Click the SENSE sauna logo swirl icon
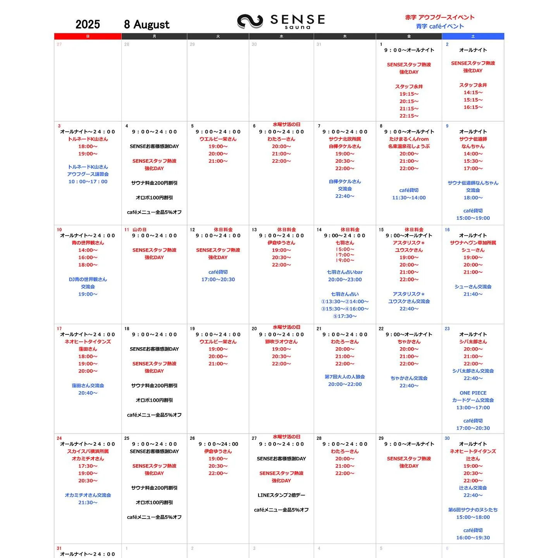tap(250, 21)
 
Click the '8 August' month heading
tap(146, 24)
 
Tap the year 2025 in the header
tap(88, 24)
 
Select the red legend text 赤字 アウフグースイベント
tap(439, 17)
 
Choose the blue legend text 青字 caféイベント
tap(439, 26)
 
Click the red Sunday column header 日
tap(88, 36)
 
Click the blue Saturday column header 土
tap(473, 36)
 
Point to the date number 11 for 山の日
tap(127, 230)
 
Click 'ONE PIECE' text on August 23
tap(473, 393)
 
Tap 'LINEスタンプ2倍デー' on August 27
tap(281, 495)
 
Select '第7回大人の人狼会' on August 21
tap(344, 377)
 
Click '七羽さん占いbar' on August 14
tap(344, 272)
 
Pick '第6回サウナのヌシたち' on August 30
tap(473, 510)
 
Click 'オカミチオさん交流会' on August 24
tap(88, 495)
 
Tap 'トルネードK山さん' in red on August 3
tap(88, 139)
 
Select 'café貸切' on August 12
tap(218, 272)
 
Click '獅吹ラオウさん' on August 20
tap(281, 342)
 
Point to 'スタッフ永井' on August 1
tap(409, 86)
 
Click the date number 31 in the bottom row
tap(59, 548)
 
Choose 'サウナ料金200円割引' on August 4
tap(154, 183)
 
